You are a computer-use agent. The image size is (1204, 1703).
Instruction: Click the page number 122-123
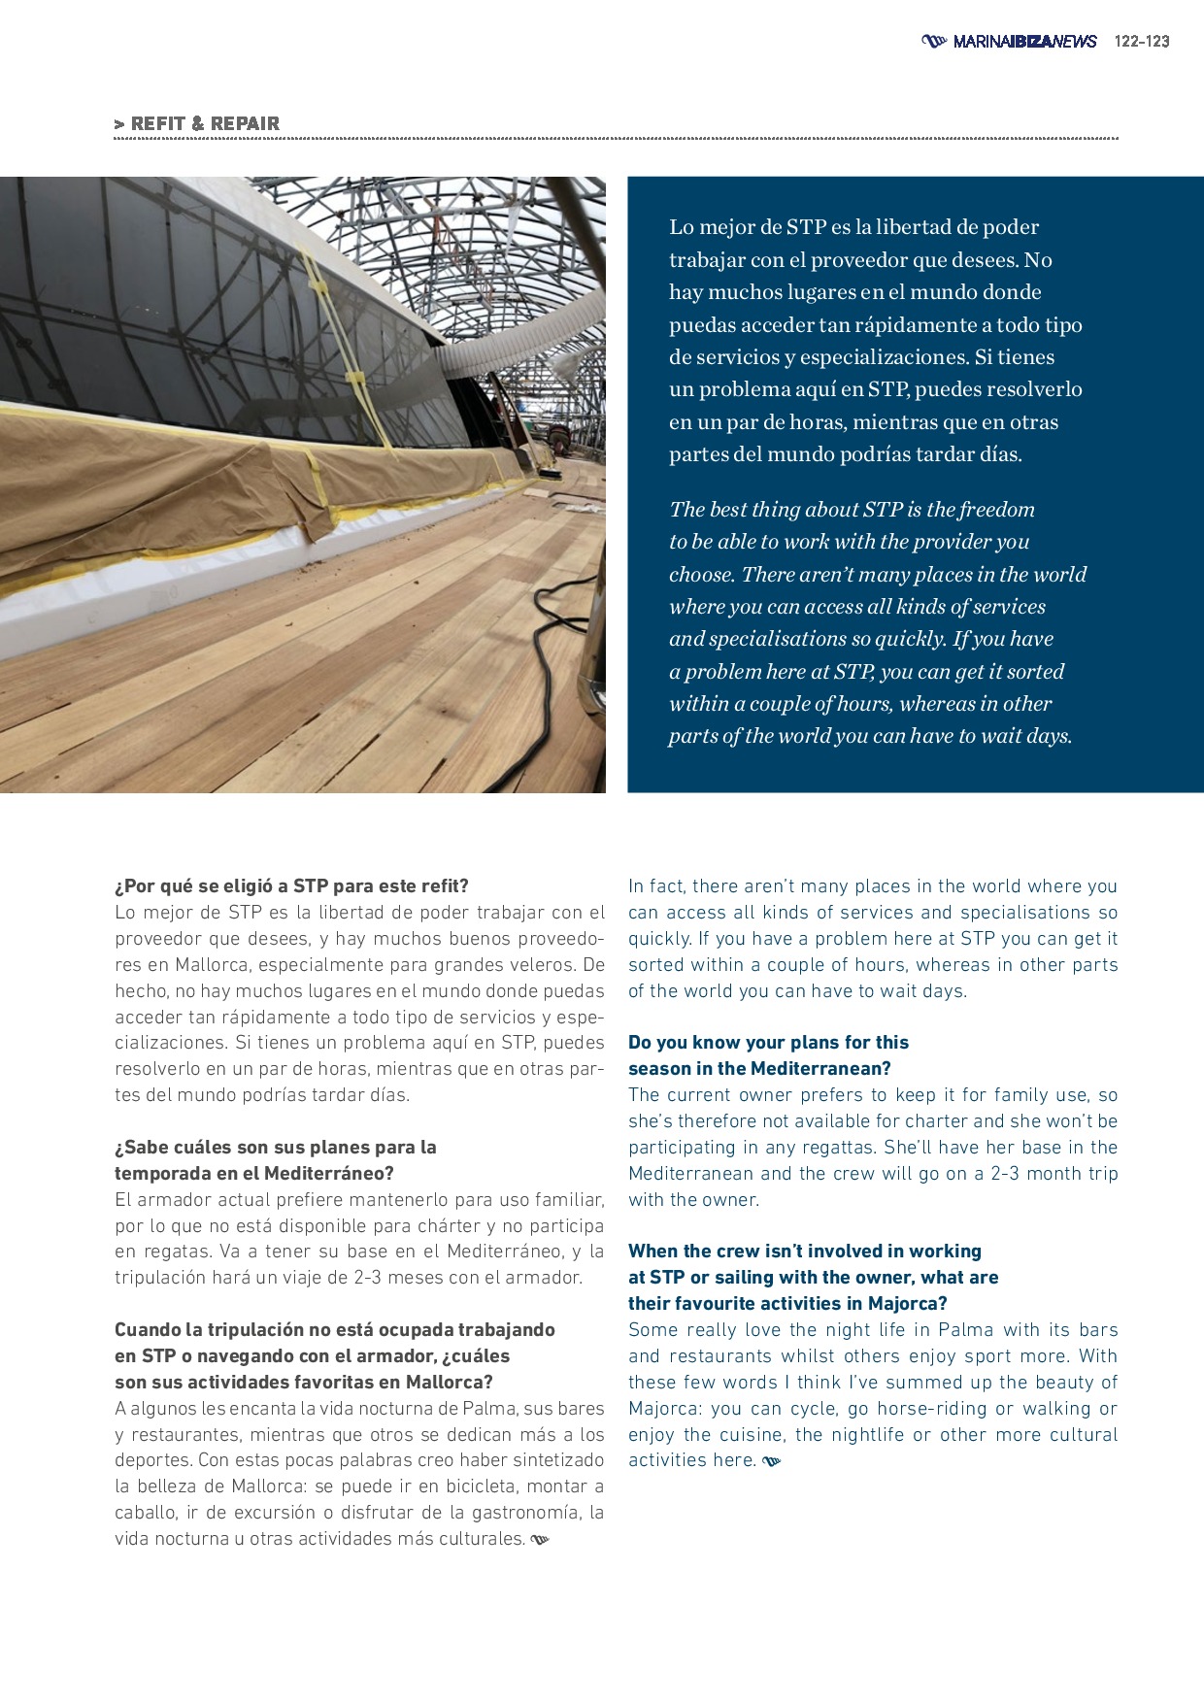pyautogui.click(x=1142, y=42)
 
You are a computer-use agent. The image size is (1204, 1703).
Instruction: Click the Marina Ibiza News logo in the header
pyautogui.click(x=1010, y=42)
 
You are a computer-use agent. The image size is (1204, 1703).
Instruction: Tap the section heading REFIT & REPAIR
pyautogui.click(x=197, y=124)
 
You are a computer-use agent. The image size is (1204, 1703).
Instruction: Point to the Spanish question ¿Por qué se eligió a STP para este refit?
pyautogui.click(x=291, y=886)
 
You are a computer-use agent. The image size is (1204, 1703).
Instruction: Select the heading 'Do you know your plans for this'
pyautogui.click(x=768, y=1043)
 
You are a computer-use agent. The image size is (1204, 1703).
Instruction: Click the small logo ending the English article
pyautogui.click(x=772, y=1461)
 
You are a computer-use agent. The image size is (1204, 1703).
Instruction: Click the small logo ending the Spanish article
pyautogui.click(x=541, y=1540)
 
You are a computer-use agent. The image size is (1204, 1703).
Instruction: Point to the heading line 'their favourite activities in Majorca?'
pyautogui.click(x=787, y=1304)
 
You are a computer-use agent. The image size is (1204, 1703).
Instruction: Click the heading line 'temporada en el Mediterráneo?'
pyautogui.click(x=254, y=1174)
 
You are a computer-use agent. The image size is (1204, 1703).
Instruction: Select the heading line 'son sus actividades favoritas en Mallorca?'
pyautogui.click(x=304, y=1383)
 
